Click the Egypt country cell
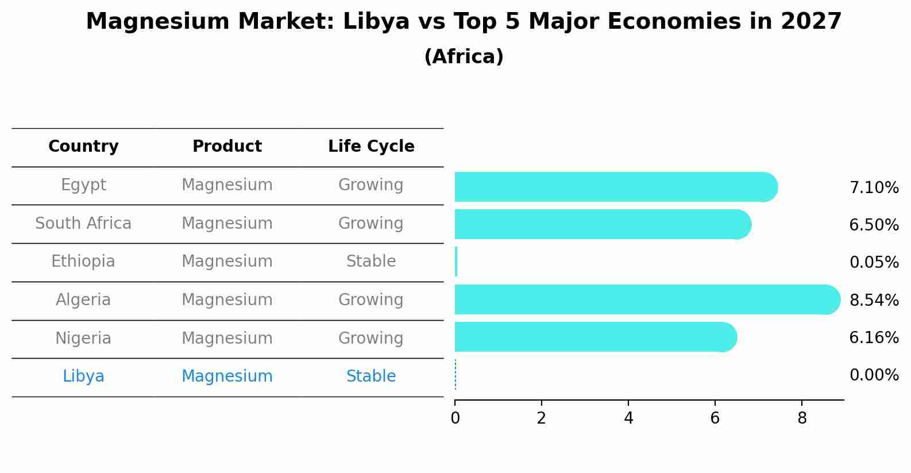(83, 185)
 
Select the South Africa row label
(83, 223)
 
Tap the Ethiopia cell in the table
(83, 262)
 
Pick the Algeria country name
(83, 300)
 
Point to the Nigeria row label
(83, 338)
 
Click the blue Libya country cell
(83, 376)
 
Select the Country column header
(83, 147)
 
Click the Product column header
(227, 147)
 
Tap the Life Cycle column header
(371, 147)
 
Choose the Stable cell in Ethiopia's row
(371, 262)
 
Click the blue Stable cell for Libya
(371, 376)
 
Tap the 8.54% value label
(874, 301)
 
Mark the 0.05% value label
(874, 263)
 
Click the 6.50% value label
(874, 225)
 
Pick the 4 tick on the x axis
(628, 418)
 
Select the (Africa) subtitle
(464, 57)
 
